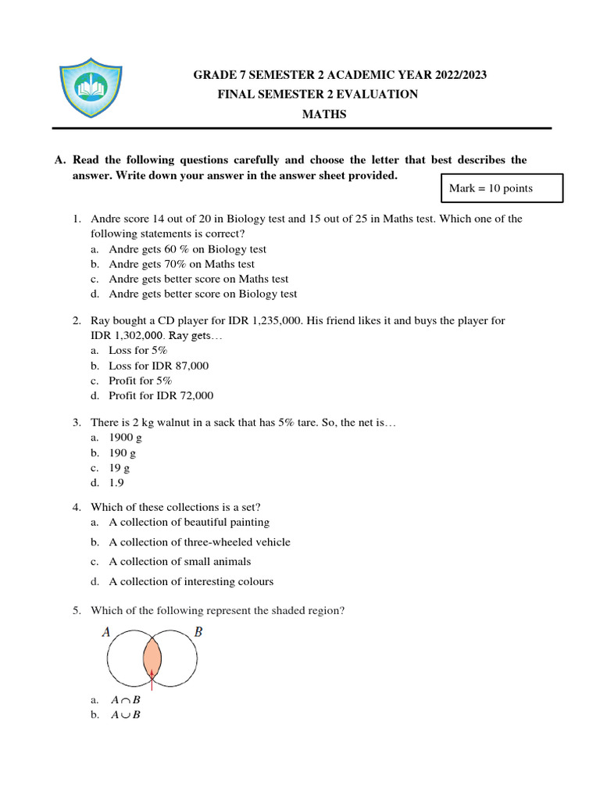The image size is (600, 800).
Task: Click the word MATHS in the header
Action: tap(324, 114)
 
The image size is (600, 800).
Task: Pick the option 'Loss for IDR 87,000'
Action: tap(159, 366)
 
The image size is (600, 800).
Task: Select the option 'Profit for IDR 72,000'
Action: tap(161, 395)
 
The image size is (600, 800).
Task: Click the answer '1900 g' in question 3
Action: tap(125, 438)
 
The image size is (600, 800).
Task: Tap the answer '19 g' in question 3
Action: tap(120, 468)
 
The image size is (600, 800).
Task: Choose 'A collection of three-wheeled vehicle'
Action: tap(199, 542)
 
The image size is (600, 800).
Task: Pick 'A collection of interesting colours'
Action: tap(191, 581)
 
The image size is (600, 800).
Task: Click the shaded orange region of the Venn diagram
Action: tap(152, 656)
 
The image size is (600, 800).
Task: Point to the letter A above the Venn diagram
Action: tap(106, 632)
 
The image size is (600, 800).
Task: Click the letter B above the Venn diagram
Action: tap(198, 632)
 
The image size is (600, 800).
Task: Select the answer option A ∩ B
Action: tap(125, 701)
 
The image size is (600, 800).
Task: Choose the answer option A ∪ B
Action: tap(125, 715)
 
